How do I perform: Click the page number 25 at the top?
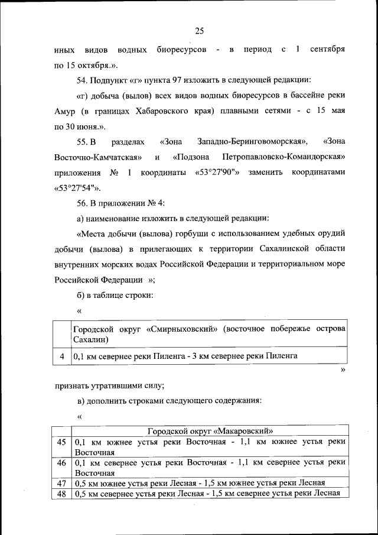(x=199, y=31)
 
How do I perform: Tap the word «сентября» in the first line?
(x=325, y=50)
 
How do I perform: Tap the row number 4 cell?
(x=62, y=356)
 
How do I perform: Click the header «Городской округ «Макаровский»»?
(x=210, y=431)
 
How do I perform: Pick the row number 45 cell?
(x=62, y=442)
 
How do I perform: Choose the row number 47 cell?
(x=62, y=482)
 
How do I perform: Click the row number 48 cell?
(x=62, y=493)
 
